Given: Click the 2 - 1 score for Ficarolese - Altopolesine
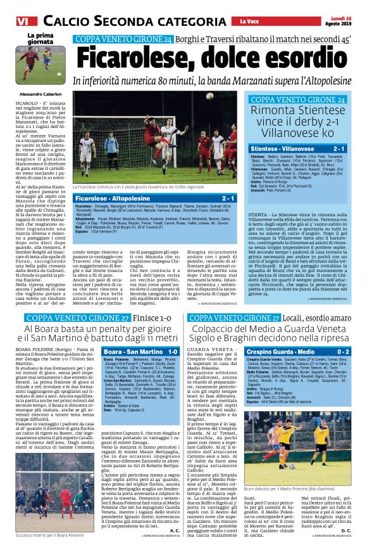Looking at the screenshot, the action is click(228, 198).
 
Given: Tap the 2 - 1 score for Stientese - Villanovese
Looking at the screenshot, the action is click(339, 148).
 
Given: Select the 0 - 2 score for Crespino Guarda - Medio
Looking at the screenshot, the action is click(344, 351).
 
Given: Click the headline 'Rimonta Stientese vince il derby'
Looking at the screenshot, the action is click(298, 122).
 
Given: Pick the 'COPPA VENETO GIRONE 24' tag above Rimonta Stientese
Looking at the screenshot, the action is click(298, 100).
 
